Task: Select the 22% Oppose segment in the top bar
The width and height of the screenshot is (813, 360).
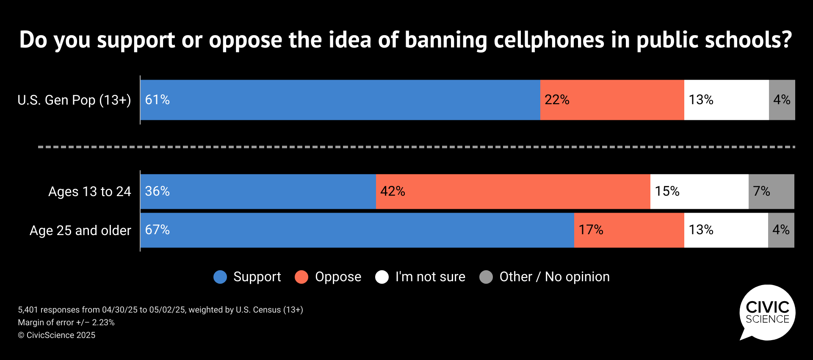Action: pos(612,100)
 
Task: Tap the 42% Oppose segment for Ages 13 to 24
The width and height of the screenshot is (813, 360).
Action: pos(513,191)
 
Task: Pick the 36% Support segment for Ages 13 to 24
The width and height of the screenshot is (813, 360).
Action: pos(258,191)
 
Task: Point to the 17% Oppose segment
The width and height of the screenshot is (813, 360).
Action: pos(629,230)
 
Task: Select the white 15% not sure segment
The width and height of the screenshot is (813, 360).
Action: pos(699,191)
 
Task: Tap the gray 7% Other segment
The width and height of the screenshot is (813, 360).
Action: pos(771,191)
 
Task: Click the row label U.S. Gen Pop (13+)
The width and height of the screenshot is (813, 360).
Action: pos(74,100)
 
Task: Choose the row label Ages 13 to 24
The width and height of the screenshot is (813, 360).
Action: pos(89,191)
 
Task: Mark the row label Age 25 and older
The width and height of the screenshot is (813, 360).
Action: pos(80,230)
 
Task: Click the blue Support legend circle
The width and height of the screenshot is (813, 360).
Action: pos(220,277)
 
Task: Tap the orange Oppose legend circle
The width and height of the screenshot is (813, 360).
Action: pos(301,277)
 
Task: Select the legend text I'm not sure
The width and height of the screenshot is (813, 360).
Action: pos(430,277)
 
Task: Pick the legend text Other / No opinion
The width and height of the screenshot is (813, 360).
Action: pos(554,277)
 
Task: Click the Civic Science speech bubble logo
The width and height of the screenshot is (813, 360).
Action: pos(767,313)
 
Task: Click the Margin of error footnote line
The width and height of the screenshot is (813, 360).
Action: pos(66,322)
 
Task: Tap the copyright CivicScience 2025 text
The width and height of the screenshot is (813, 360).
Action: pos(56,335)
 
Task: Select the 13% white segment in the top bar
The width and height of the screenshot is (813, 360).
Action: pos(726,100)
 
